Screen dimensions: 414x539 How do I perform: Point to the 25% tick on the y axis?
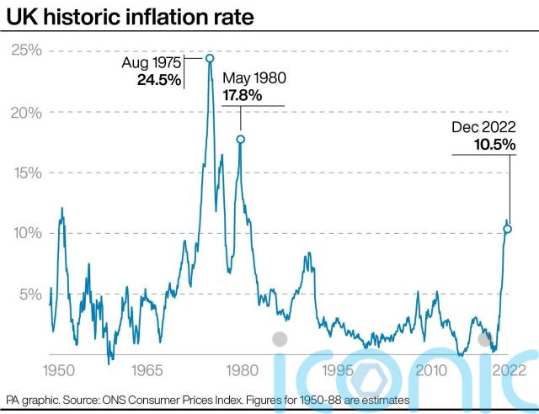[25, 51]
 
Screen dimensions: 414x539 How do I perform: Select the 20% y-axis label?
[25, 112]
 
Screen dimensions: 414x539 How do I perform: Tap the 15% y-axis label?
[25, 172]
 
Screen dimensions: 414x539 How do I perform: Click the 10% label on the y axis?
[25, 233]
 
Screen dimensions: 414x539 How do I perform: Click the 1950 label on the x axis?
[56, 369]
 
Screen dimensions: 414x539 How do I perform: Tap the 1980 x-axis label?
[241, 369]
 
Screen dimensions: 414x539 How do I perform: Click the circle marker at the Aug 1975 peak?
[210, 58]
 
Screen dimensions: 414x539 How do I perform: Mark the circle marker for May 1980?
[240, 140]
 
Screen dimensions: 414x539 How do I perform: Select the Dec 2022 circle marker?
[508, 229]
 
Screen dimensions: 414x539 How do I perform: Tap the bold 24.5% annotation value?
[158, 81]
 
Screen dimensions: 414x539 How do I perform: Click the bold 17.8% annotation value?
[243, 95]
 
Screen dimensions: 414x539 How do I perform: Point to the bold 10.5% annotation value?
[495, 145]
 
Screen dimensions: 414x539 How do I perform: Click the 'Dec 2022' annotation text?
[483, 128]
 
